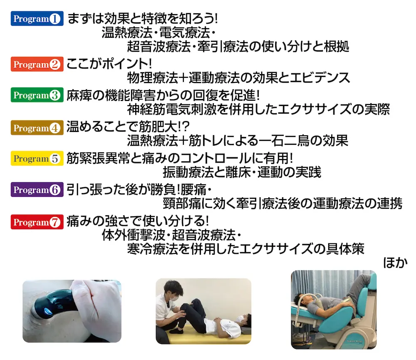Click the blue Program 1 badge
click(x=37, y=19)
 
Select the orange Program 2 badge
click(x=37, y=64)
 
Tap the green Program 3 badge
click(x=37, y=95)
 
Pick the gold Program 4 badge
click(x=37, y=128)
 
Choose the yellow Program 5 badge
click(x=37, y=159)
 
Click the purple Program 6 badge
click(x=37, y=189)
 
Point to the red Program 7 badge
click(x=37, y=222)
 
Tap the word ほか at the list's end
click(x=395, y=263)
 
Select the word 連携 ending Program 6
click(x=390, y=204)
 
